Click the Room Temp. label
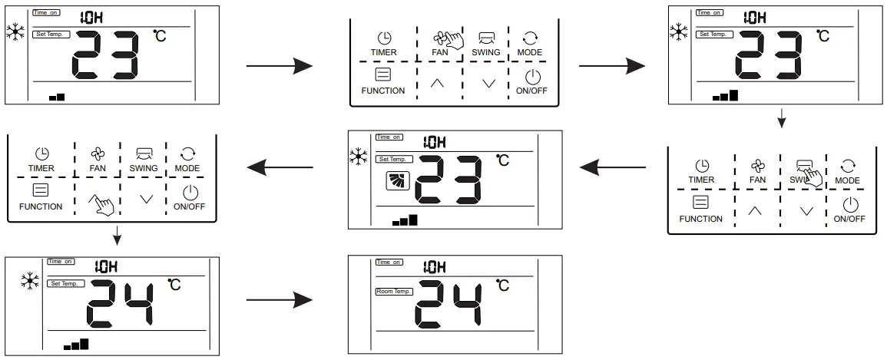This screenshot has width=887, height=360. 394,291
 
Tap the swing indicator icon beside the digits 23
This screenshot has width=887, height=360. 398,181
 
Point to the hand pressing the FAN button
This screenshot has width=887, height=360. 452,40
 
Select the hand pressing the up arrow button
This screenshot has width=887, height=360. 102,204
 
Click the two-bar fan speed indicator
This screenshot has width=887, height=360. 57,97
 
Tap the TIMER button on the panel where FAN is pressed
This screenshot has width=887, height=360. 383,44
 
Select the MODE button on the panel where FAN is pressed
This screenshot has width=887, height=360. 530,44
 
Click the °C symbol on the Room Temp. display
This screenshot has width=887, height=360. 502,286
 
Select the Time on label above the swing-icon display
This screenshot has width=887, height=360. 389,137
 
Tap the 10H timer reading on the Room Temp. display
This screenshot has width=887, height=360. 435,267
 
